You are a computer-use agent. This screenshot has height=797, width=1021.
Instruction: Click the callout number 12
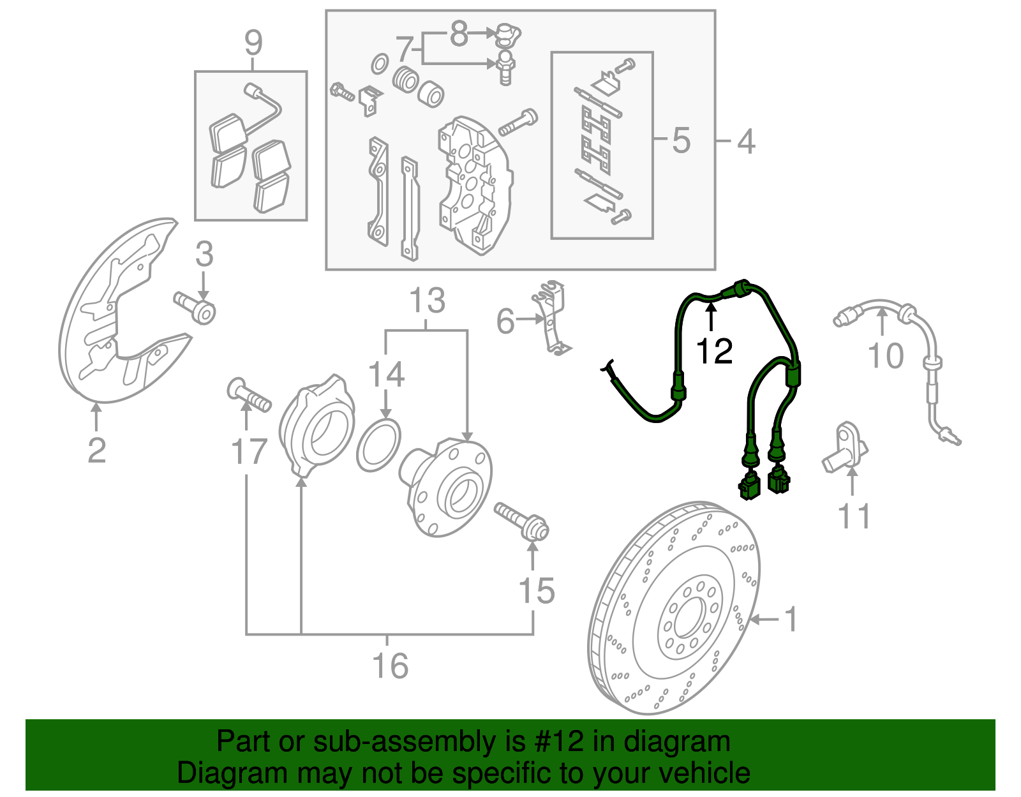(x=714, y=351)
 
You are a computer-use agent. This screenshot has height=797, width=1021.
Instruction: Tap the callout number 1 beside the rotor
(x=790, y=619)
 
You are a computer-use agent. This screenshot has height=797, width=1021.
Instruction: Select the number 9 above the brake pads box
(x=253, y=43)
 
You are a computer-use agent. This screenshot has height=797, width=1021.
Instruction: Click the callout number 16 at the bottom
(x=390, y=666)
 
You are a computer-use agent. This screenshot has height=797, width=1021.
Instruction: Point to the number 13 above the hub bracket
(x=427, y=300)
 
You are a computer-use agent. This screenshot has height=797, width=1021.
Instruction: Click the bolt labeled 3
(x=195, y=309)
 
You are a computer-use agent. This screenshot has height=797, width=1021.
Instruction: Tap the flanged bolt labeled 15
(x=521, y=520)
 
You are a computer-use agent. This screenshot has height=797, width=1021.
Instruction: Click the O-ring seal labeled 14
(x=378, y=445)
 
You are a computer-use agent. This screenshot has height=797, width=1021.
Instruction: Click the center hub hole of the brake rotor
(x=689, y=616)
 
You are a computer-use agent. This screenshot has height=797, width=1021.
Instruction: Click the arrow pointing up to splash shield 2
(x=96, y=417)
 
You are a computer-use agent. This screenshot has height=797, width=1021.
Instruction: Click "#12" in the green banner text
(x=556, y=741)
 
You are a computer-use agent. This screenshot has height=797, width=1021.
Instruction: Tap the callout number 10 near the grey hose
(x=886, y=355)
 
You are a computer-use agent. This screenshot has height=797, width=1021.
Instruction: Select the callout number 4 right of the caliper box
(x=745, y=141)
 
